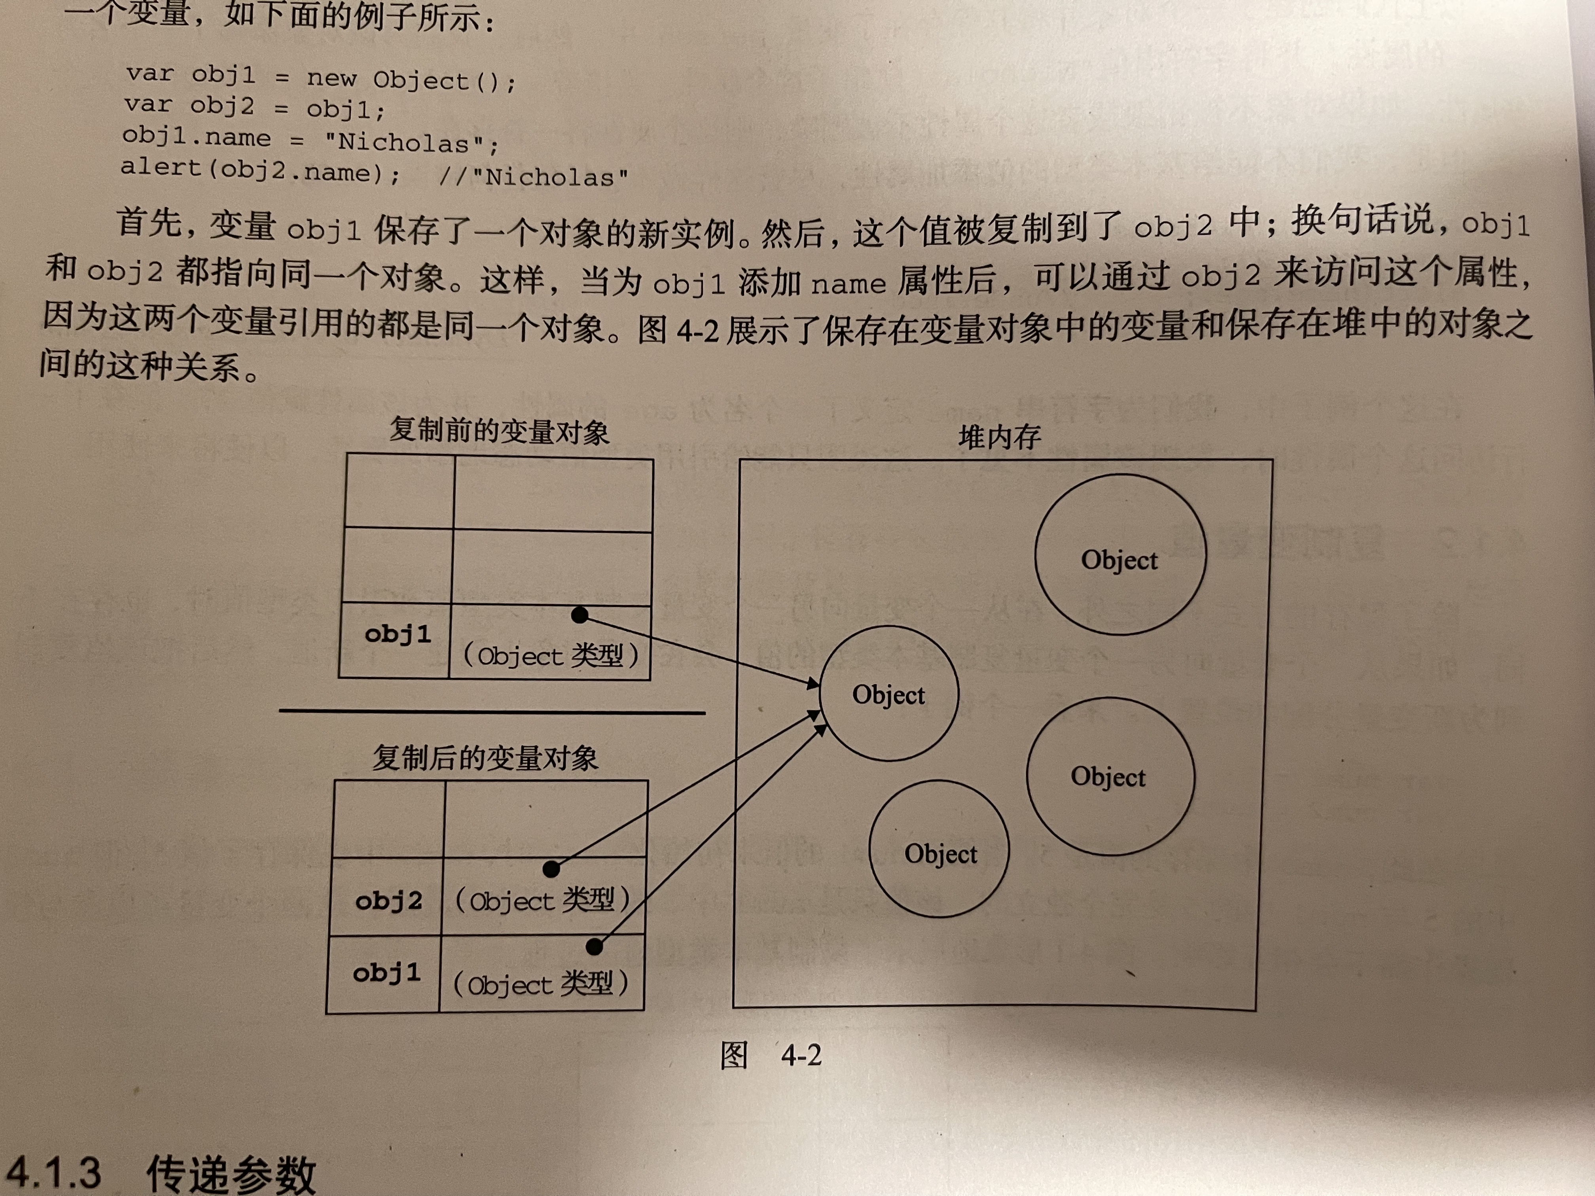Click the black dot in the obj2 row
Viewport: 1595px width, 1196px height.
coord(551,869)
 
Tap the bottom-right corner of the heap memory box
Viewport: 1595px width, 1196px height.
coord(1255,1010)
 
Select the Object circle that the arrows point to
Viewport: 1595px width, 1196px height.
coord(889,694)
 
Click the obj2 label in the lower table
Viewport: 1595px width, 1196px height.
coord(388,901)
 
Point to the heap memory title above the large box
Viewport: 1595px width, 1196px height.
coord(999,437)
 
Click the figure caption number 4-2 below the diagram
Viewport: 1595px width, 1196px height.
coord(801,1056)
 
